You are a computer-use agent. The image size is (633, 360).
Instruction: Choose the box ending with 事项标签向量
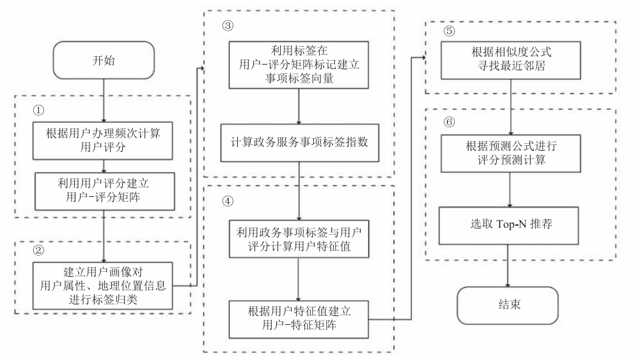coord(299,66)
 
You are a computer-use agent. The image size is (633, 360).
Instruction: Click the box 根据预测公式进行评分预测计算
coord(510,150)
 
